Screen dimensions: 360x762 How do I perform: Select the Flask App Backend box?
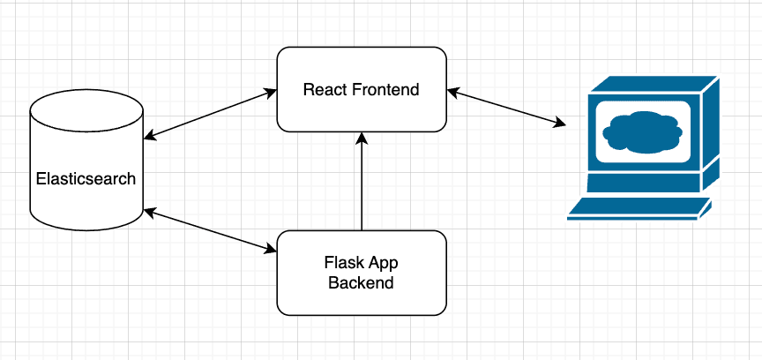tap(362, 296)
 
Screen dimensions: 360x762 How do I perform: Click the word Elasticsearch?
tap(86, 178)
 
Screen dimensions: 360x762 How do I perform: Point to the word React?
tap(322, 89)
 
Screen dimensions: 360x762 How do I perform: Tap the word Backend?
tap(361, 283)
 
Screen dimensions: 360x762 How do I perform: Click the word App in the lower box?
tap(382, 263)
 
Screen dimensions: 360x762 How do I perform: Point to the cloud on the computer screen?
tap(641, 132)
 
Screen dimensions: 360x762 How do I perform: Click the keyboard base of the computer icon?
tap(639, 210)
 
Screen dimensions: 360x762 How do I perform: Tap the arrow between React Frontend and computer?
tap(506, 106)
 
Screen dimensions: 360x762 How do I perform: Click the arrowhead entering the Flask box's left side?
tap(271, 250)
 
